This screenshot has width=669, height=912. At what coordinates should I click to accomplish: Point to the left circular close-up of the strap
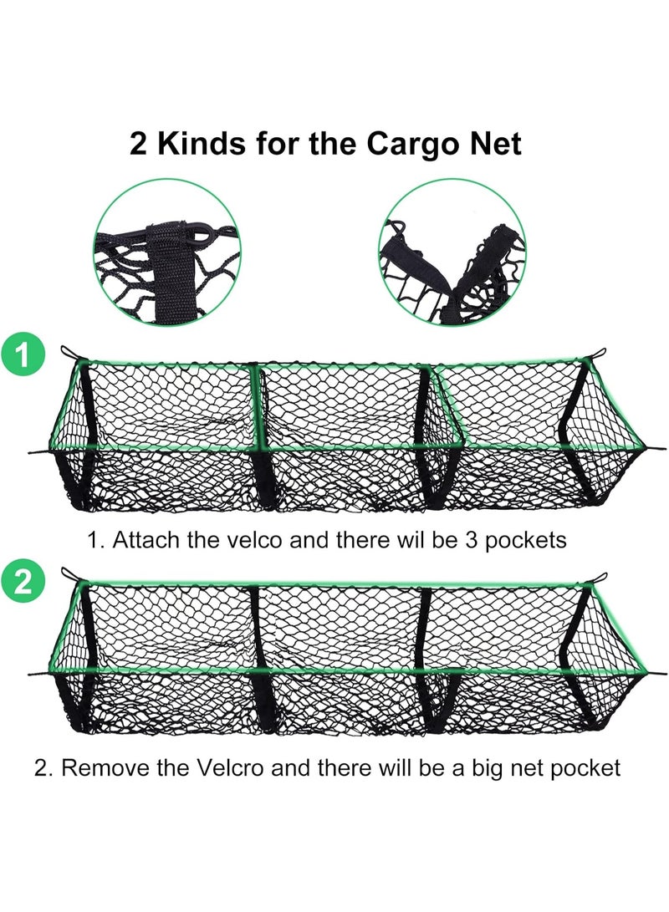(167, 252)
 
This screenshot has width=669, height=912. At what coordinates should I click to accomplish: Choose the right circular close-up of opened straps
(452, 252)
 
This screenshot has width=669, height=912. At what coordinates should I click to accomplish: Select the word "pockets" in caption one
(526, 541)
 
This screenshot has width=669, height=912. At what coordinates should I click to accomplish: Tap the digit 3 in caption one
(471, 541)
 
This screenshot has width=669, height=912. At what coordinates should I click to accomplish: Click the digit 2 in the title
(139, 144)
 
